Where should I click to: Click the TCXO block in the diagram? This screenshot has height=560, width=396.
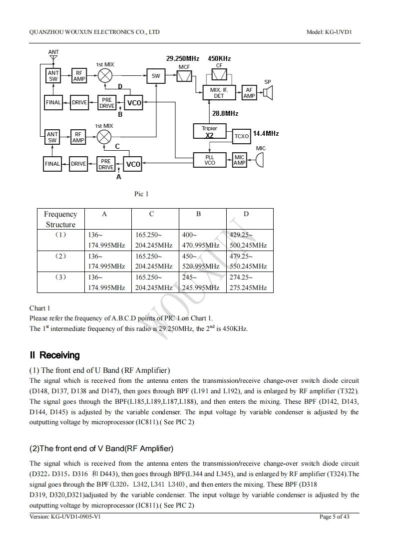[242, 136]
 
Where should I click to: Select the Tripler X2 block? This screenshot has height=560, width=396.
[210, 132]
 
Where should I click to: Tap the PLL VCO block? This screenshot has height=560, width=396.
[210, 160]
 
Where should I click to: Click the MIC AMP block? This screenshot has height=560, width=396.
[240, 160]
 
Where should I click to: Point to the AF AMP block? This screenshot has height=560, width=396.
[249, 93]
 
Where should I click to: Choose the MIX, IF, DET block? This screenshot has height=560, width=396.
[219, 93]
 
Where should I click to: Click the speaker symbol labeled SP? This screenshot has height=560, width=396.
[268, 93]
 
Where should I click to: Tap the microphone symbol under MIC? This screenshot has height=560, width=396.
[259, 160]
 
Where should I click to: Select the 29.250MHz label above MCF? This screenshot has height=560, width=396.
[182, 59]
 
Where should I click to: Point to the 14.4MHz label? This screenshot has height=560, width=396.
[266, 133]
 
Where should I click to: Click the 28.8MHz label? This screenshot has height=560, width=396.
[225, 114]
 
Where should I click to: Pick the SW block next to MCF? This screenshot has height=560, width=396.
[156, 76]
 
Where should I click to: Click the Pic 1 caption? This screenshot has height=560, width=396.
[141, 194]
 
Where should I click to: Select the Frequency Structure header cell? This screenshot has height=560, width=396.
[61, 219]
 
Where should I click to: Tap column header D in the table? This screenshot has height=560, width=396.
[246, 214]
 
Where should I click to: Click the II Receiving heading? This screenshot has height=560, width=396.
[55, 355]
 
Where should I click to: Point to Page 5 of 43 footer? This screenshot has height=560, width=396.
[334, 517]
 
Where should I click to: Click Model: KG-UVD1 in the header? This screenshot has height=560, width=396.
[333, 32]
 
